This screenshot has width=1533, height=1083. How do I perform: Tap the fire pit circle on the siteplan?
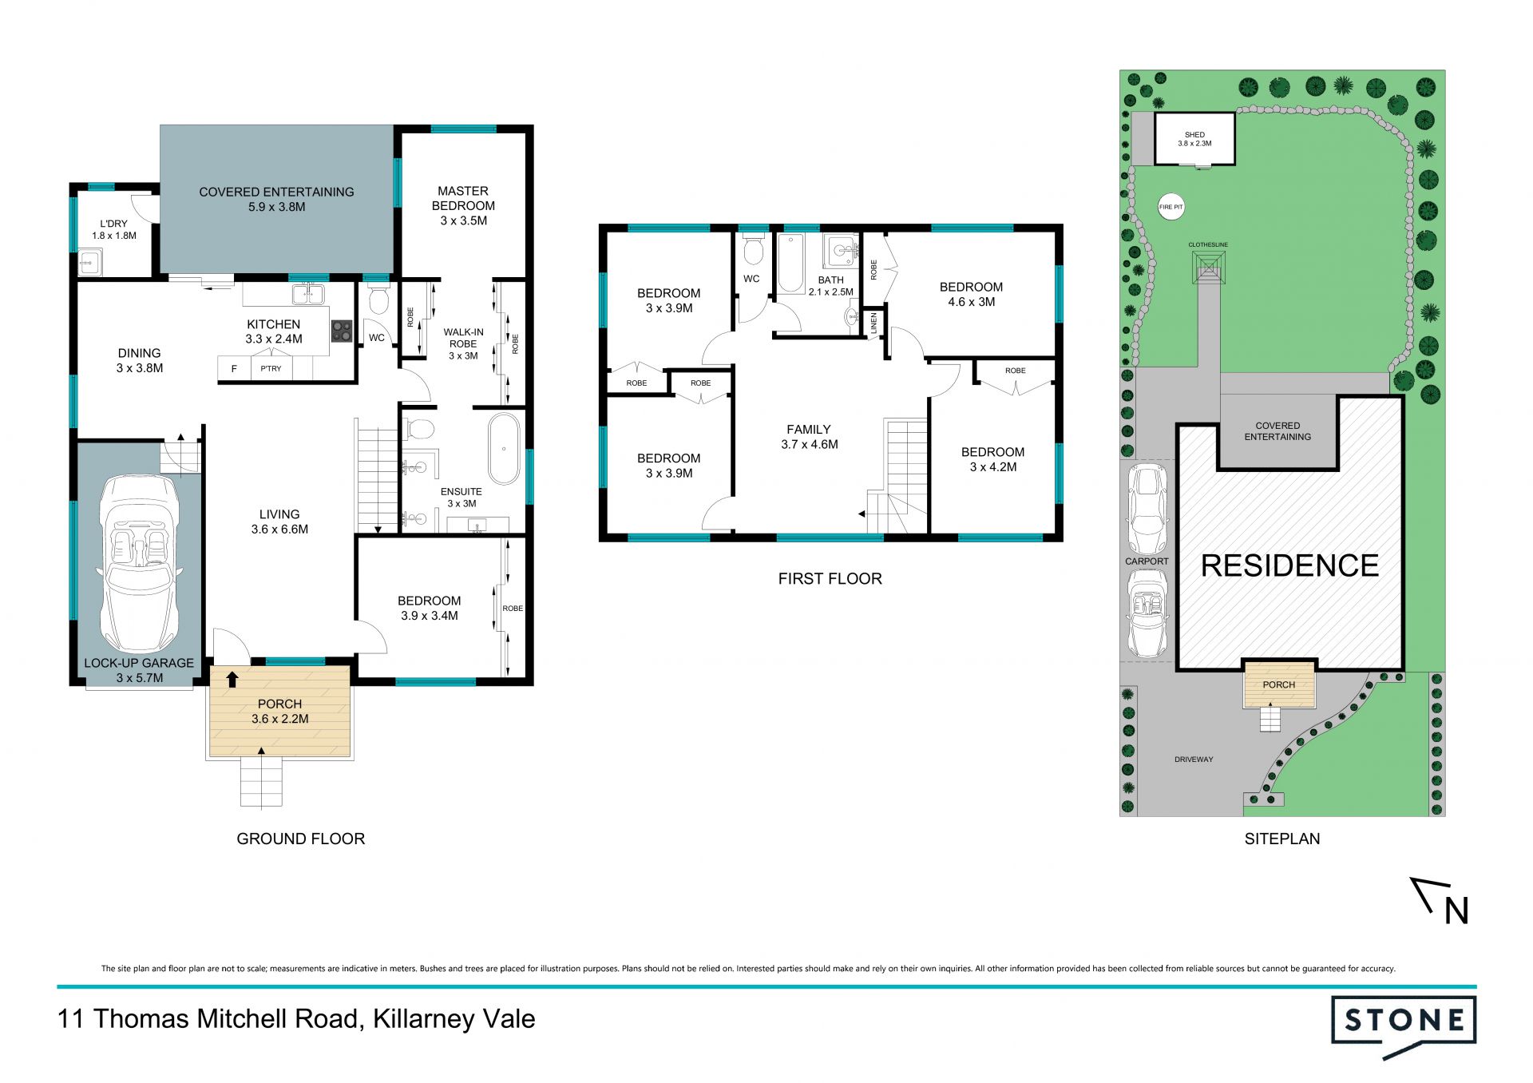click(x=1171, y=207)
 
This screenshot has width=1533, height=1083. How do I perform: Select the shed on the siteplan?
click(x=1195, y=139)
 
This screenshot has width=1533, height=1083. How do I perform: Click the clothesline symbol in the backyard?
click(x=1209, y=266)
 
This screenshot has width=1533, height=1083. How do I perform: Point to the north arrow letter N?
click(x=1457, y=911)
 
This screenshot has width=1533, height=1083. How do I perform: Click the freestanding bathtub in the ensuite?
click(x=504, y=449)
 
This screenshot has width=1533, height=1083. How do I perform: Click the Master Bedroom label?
click(x=463, y=205)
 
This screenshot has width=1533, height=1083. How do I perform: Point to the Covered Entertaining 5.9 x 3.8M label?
click(x=276, y=199)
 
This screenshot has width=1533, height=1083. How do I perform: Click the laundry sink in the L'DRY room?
click(x=90, y=261)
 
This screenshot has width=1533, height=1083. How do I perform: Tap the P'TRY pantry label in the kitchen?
click(x=271, y=368)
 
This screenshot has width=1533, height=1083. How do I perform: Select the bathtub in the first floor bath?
click(x=790, y=264)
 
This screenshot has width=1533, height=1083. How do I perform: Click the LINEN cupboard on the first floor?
click(x=873, y=323)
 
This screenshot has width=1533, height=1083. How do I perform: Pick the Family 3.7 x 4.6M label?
click(x=809, y=437)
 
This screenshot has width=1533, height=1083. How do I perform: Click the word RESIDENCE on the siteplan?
click(x=1289, y=565)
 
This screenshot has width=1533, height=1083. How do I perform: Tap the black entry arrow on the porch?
click(x=232, y=679)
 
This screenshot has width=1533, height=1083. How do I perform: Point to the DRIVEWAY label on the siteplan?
click(x=1194, y=760)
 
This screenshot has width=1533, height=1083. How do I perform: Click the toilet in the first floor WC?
click(x=752, y=249)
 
